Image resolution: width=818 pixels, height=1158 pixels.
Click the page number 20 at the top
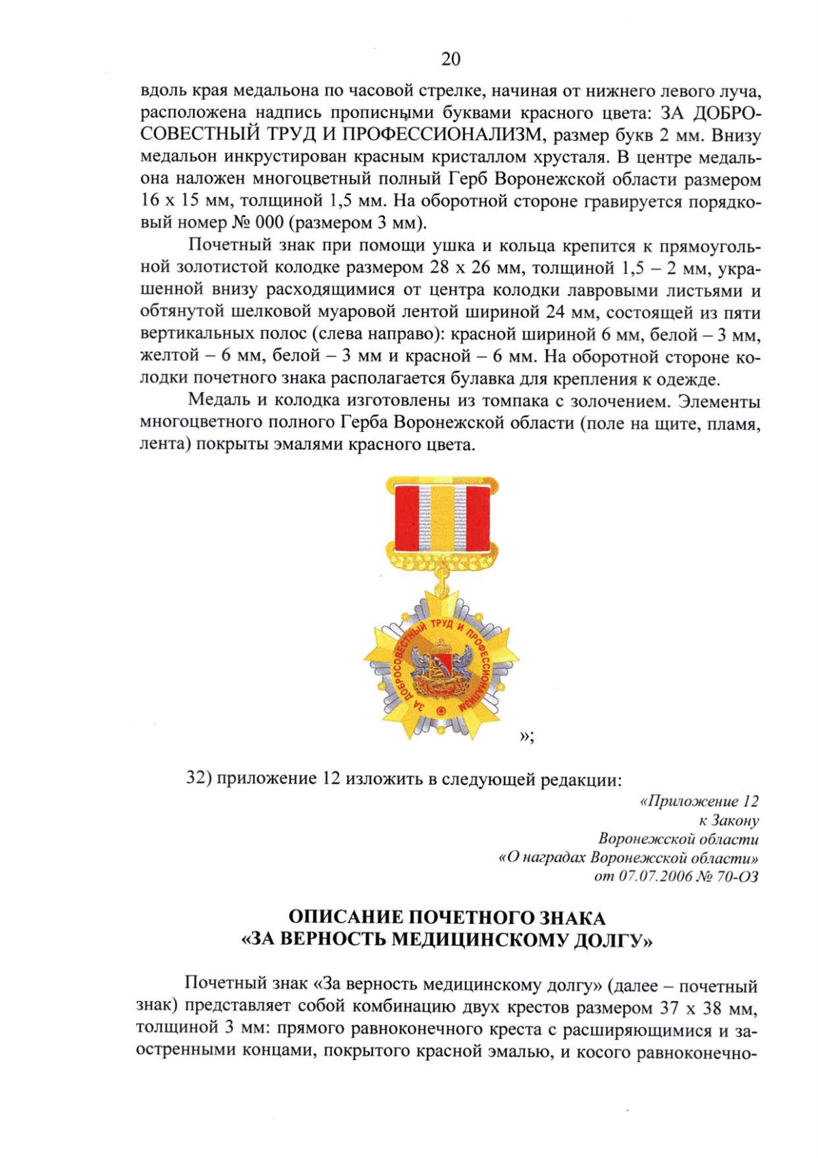tap(451, 59)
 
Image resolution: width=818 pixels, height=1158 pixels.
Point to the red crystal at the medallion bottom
tap(441, 711)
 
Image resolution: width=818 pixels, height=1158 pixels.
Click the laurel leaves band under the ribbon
tap(442, 561)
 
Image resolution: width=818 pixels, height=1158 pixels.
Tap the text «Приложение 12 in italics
tap(699, 801)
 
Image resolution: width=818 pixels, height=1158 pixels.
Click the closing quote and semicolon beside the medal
tap(526, 736)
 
